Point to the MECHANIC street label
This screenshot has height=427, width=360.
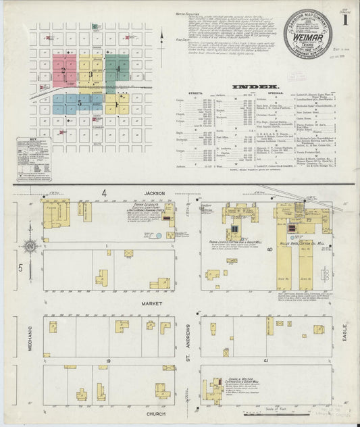point(30,336)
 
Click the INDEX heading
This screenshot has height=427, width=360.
point(251,87)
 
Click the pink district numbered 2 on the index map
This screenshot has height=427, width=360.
point(64,70)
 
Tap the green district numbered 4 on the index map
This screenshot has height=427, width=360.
point(118,69)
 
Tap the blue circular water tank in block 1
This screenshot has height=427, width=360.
point(158,236)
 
